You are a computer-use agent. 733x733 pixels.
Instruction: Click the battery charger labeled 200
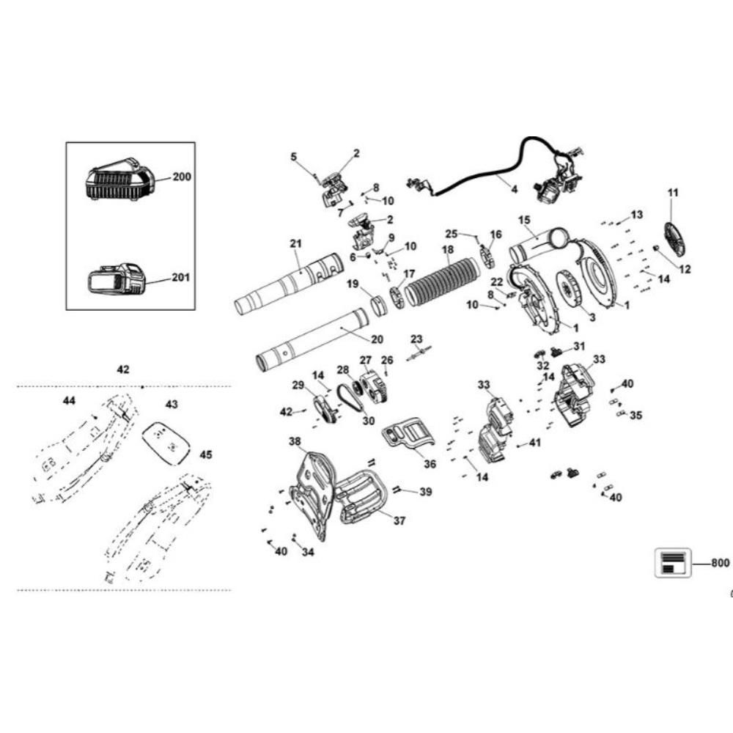click(x=119, y=180)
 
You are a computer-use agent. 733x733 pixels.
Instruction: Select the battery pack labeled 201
click(x=116, y=280)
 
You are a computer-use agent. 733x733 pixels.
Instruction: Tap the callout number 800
click(x=720, y=563)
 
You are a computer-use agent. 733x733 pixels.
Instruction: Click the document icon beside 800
click(x=672, y=562)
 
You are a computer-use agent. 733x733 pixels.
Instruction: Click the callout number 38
click(x=295, y=442)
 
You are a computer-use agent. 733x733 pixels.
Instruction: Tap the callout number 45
click(x=206, y=454)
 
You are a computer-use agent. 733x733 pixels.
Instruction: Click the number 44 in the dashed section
click(x=69, y=401)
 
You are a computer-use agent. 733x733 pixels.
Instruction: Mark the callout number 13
click(x=636, y=214)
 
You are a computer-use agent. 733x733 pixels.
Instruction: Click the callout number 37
click(x=399, y=521)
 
